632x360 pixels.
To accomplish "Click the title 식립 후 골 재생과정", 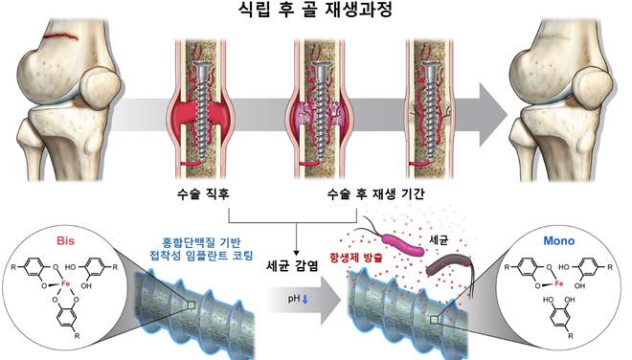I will (x=315, y=12).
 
